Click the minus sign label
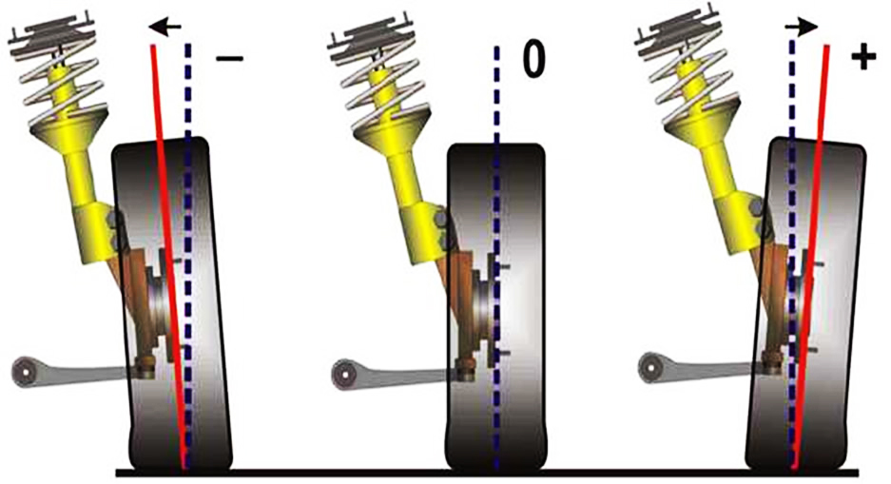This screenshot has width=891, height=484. click(229, 58)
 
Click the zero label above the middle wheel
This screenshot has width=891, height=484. click(533, 59)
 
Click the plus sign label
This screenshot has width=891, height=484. click(863, 58)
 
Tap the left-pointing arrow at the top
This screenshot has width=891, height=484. click(165, 26)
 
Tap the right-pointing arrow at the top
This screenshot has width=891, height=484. click(802, 26)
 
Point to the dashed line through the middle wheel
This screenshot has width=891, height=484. click(497, 259)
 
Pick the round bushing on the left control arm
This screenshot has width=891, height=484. click(25, 372)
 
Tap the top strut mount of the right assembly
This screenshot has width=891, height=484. click(680, 33)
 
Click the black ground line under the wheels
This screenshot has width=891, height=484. click(488, 473)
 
